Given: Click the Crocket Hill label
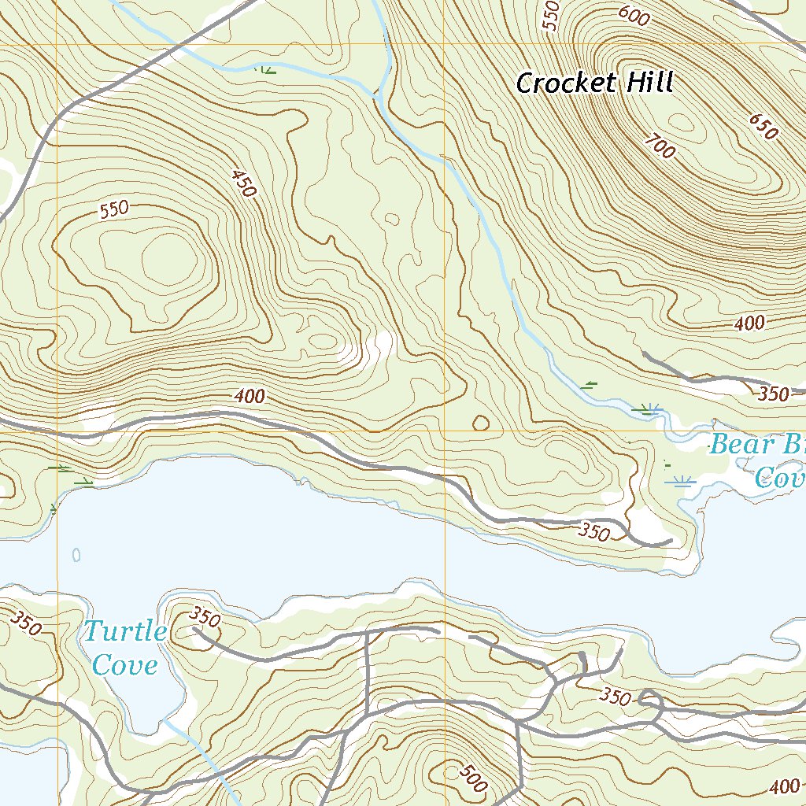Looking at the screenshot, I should [595, 83].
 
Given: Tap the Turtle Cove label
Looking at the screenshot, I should [124, 648].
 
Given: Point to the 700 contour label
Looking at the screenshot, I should [659, 146].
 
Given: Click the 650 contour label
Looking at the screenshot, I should [763, 126].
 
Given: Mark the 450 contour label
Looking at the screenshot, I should [244, 183].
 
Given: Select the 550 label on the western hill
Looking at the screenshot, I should [113, 209].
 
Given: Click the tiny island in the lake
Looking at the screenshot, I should [76, 555].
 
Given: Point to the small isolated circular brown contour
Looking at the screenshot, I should [480, 423].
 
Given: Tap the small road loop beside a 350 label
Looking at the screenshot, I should [651, 696].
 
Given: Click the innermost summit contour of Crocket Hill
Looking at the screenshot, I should [682, 125].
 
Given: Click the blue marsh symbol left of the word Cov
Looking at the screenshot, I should [680, 481].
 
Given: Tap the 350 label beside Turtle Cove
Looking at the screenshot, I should [205, 619].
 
